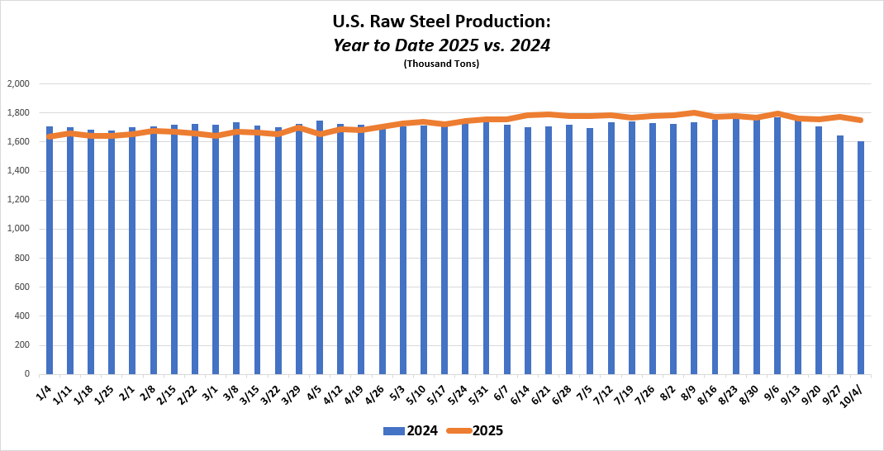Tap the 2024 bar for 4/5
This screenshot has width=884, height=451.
(x=320, y=248)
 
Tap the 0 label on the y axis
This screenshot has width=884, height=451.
(x=27, y=374)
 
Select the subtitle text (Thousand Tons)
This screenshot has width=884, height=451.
(x=441, y=64)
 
